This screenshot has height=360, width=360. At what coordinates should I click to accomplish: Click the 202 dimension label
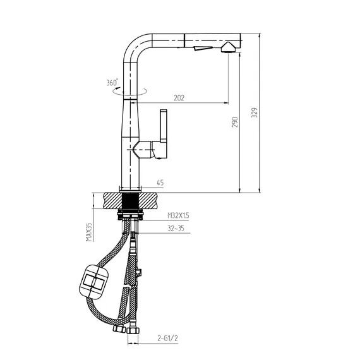[x=179, y=98]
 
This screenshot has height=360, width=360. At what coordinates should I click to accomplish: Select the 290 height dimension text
[x=235, y=122]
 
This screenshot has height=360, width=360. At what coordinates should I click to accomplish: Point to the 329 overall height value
[x=255, y=112]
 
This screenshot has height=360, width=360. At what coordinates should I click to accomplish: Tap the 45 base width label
[x=160, y=183]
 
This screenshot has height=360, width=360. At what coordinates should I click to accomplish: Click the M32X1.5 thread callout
[x=178, y=215]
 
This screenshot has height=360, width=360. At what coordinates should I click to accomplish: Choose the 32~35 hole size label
[x=176, y=229]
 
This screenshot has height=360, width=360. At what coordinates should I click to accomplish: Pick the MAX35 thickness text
[x=89, y=232]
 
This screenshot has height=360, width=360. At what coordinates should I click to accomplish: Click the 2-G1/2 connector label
[x=167, y=338]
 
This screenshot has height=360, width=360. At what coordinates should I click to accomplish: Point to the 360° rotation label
[x=112, y=82]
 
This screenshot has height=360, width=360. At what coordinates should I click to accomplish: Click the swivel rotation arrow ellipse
[x=129, y=92]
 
